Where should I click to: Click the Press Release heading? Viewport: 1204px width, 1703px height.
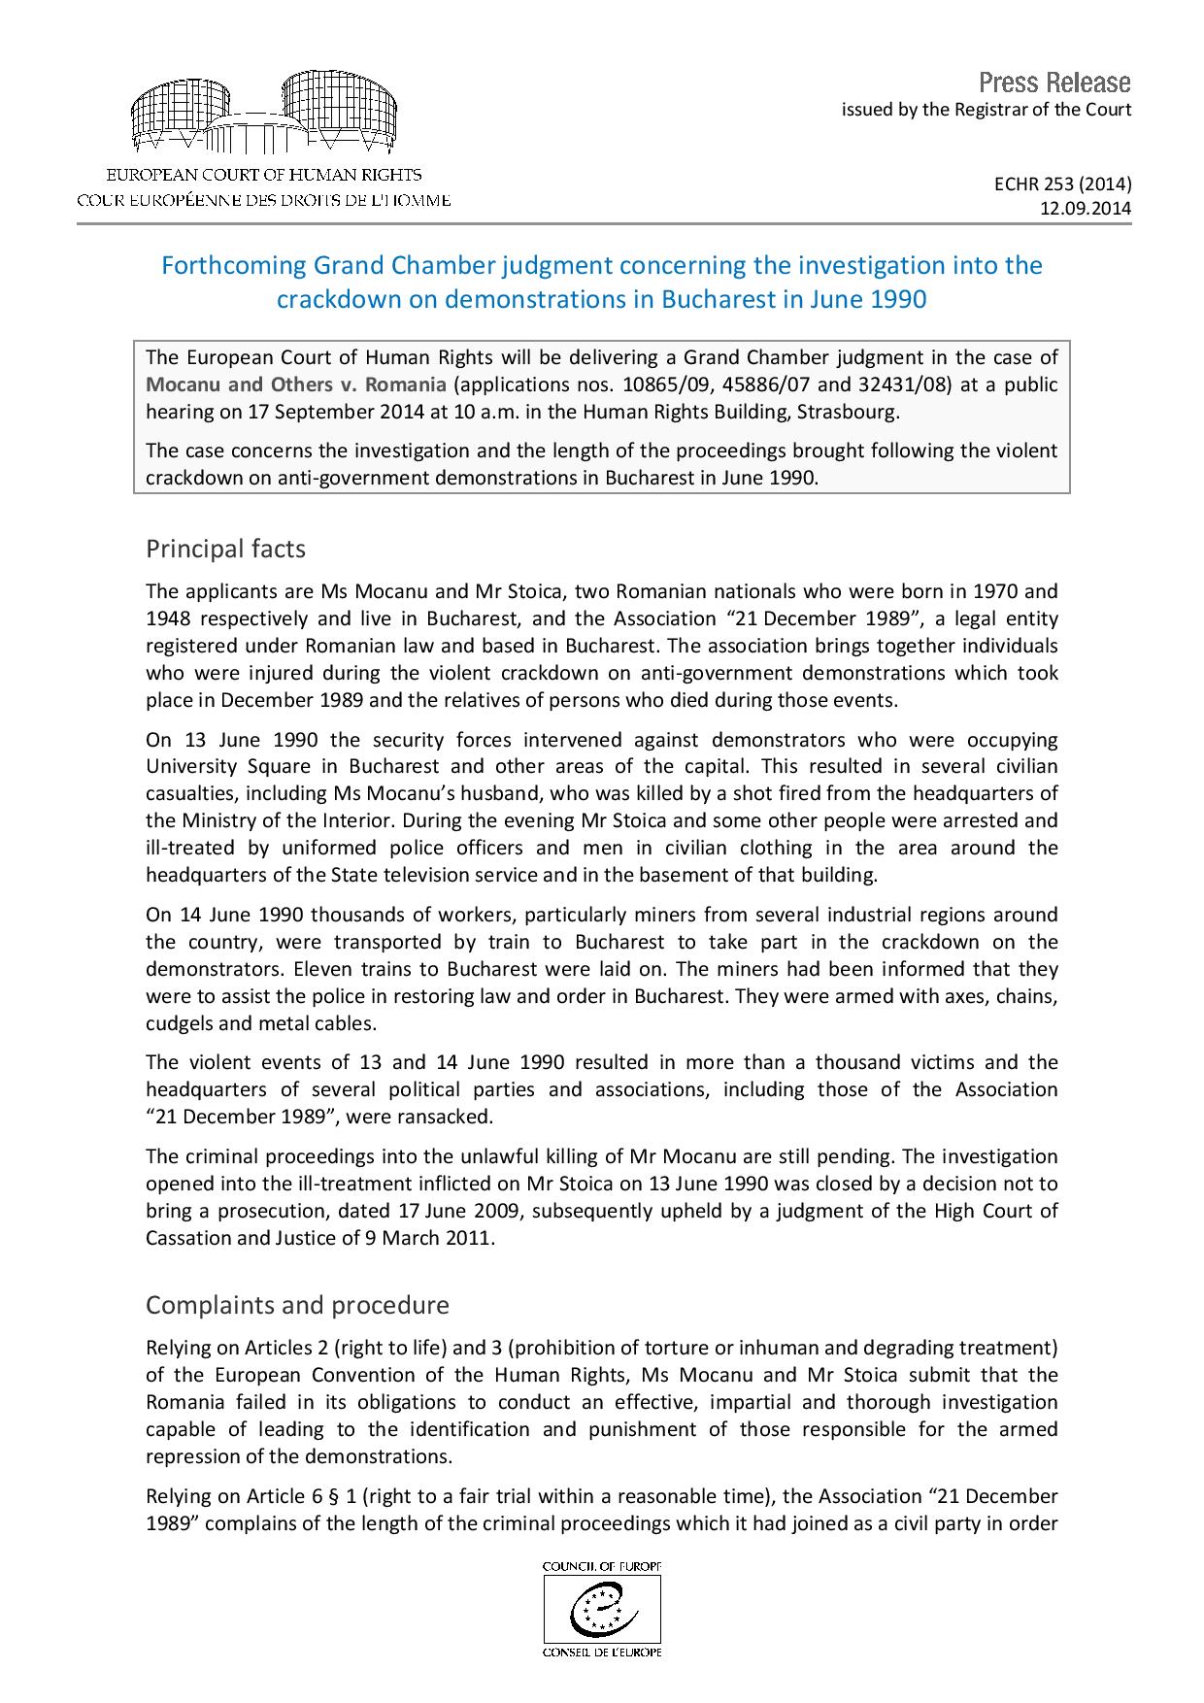(x=1054, y=82)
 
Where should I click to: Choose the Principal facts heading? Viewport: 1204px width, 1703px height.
(x=225, y=549)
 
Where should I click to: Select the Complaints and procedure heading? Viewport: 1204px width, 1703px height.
(x=297, y=1305)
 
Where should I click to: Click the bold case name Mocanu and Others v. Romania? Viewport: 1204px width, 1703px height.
(x=296, y=384)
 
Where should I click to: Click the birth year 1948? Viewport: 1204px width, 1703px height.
(x=166, y=618)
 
